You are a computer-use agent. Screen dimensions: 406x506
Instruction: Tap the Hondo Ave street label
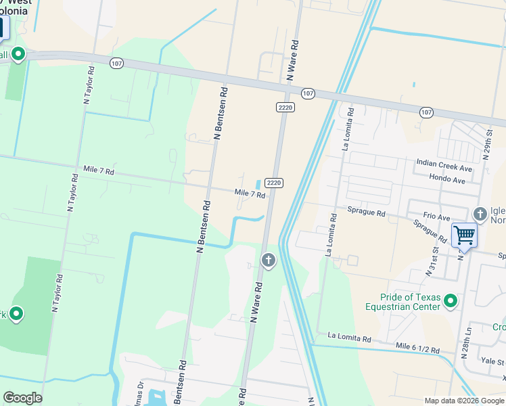(x=447, y=180)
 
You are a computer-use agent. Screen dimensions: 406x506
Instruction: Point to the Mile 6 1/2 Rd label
(x=417, y=348)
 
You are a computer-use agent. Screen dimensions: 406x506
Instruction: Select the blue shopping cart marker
(x=465, y=236)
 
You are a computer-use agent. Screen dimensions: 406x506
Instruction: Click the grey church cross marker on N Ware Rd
(x=269, y=260)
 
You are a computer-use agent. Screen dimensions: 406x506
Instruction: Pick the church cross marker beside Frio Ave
(x=480, y=215)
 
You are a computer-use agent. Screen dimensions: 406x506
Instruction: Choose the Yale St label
(x=492, y=361)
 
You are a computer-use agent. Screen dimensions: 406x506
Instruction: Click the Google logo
(x=22, y=398)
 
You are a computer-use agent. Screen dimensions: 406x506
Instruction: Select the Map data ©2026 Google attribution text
(x=464, y=401)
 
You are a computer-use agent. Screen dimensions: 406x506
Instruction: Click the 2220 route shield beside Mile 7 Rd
(x=273, y=183)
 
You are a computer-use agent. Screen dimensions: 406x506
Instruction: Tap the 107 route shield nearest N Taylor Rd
(x=116, y=62)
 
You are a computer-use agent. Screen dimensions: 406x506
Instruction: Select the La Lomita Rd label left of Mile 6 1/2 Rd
(x=349, y=337)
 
